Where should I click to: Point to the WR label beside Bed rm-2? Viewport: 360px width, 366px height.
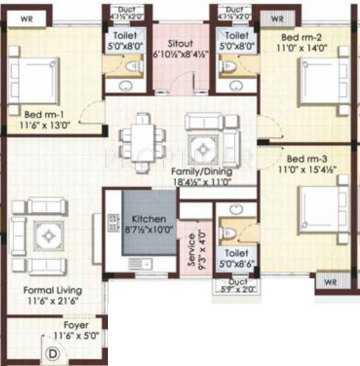(278, 19)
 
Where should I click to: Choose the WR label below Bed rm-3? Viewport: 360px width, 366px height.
(329, 282)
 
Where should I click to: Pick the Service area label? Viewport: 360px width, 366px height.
(191, 247)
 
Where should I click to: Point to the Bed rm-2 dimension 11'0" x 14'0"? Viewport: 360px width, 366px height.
(302, 47)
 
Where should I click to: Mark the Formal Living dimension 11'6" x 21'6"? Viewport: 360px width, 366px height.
(51, 300)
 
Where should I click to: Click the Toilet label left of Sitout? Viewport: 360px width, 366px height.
(125, 36)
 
